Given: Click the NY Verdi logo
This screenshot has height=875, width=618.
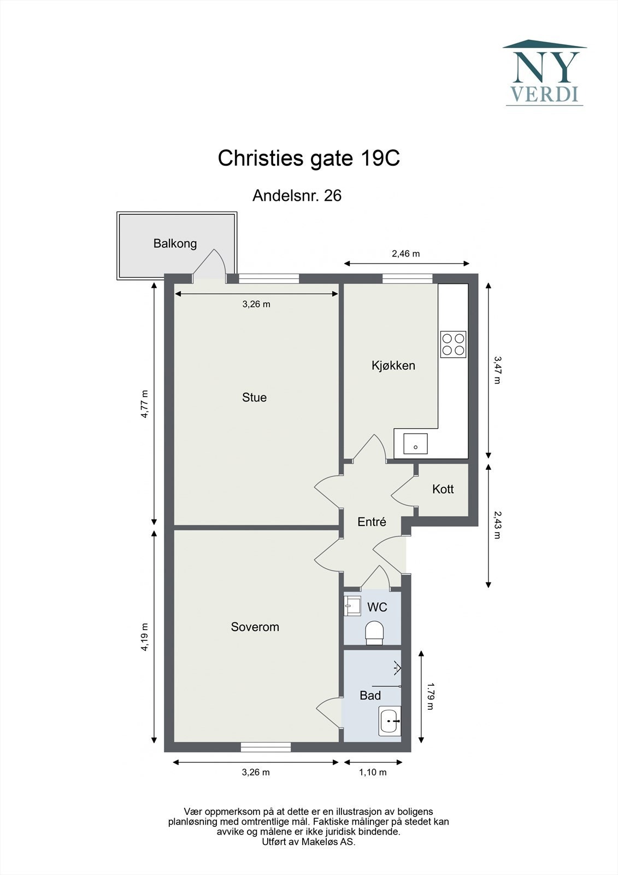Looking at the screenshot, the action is pos(545,73).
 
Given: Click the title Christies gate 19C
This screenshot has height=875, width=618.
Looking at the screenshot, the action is pos(309,159).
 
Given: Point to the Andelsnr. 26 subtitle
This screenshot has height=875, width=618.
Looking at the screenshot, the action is pos(297,196).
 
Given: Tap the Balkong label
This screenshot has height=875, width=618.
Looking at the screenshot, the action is pos(175,244).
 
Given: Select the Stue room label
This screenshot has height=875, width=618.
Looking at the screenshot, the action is pos(254,397).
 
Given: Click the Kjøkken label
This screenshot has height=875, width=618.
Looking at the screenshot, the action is pos(393,366).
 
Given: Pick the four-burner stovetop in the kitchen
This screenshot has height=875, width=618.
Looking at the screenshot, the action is pos(453,344).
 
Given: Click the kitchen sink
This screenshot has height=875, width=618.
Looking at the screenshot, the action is pos(415,444).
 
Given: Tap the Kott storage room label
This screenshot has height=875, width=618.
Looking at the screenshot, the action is pos(443,489).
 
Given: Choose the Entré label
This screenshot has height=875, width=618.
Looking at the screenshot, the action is pos(372,522).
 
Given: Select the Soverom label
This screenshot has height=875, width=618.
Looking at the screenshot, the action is pos(255,627).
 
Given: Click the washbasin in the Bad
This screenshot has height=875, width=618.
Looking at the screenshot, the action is pos(390,721).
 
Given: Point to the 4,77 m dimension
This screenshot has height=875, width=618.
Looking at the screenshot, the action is pos(145,404).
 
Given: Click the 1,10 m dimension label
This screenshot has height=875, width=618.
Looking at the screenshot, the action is pos(373,772).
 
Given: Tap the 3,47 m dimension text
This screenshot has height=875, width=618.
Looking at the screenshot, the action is pos(497,370).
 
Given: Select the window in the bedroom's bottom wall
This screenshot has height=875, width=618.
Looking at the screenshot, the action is pos(266,747).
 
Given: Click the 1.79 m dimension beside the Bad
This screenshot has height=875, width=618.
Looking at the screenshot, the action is pos(430,696).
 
